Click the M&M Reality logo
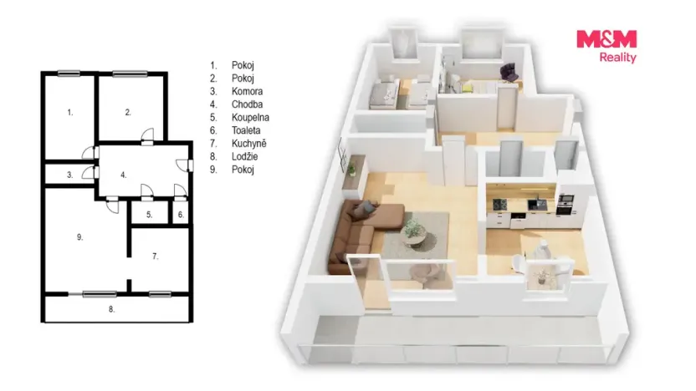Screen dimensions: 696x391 606,46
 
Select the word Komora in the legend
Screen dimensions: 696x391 247,91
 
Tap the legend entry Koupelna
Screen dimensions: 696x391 250,118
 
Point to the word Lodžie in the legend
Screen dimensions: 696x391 244,156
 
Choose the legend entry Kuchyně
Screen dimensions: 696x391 249,143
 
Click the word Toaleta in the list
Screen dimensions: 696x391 246,130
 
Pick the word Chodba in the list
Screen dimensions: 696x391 247,104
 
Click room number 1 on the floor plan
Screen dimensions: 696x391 69,113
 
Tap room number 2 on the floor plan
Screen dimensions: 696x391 128,113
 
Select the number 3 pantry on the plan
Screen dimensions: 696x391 69,175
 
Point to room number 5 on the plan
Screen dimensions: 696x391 149,215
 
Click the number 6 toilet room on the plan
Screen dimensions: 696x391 181,215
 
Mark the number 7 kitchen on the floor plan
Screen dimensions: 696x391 155,256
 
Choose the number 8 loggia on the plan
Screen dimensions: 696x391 111,309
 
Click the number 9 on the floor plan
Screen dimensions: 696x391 80,237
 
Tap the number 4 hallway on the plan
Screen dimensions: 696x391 124,175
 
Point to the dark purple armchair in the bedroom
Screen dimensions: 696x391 509,72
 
